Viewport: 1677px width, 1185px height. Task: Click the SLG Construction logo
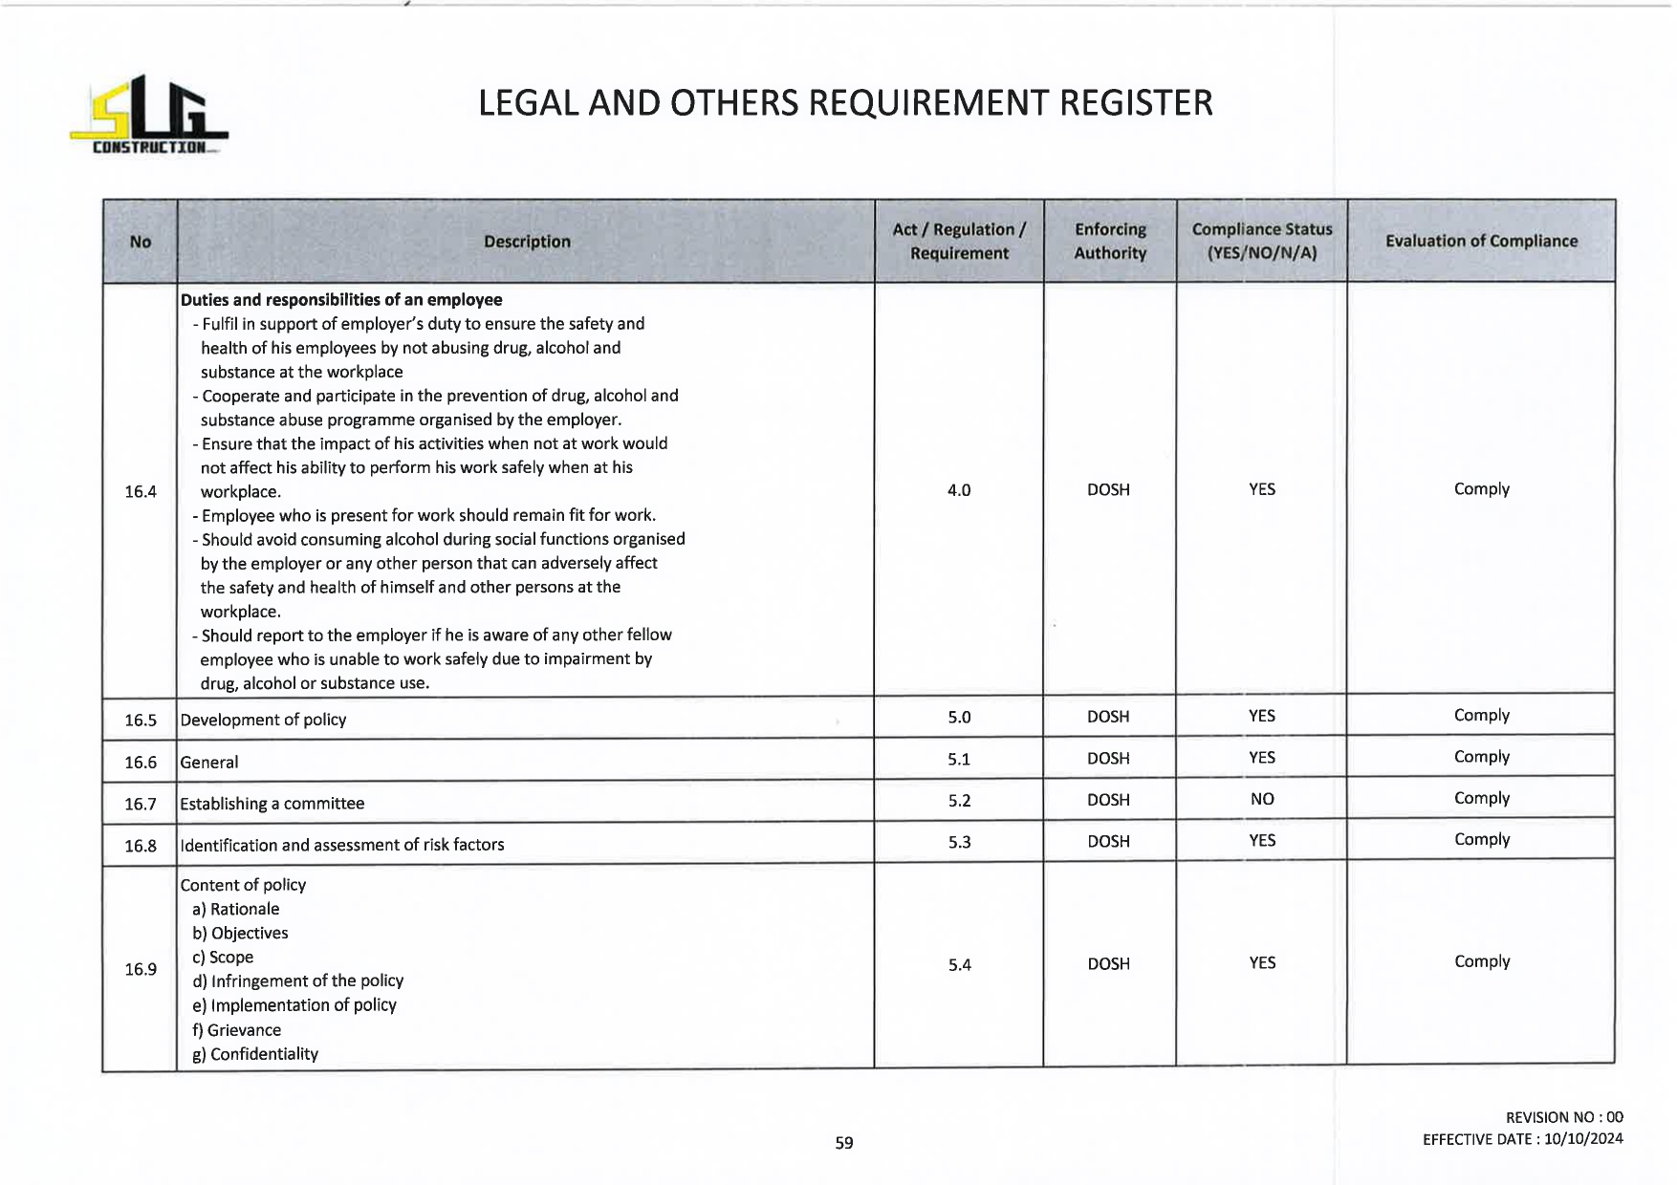149,117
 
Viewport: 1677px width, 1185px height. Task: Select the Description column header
527,242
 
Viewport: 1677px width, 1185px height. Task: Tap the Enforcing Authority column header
1110,241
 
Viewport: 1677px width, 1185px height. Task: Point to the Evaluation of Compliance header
1481,241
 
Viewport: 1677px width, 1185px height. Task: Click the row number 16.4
141,491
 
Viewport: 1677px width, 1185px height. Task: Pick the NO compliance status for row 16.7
1262,799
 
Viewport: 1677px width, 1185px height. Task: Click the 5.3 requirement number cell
959,842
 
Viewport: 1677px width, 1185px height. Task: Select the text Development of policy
263,720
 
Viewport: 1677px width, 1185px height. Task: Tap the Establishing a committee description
272,804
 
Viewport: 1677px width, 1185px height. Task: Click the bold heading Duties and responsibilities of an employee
341,300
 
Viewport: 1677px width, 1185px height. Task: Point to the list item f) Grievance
237,1030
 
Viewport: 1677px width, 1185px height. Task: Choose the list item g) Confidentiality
255,1054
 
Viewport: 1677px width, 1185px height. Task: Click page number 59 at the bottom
844,1142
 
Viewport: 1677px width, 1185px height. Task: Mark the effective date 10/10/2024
1583,1139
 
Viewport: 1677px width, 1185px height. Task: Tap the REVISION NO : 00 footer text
1564,1117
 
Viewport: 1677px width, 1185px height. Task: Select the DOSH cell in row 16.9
1109,964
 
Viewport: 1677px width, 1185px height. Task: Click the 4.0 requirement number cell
959,490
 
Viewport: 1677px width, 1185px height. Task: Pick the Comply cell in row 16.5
1481,716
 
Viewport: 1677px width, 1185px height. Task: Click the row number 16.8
141,846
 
